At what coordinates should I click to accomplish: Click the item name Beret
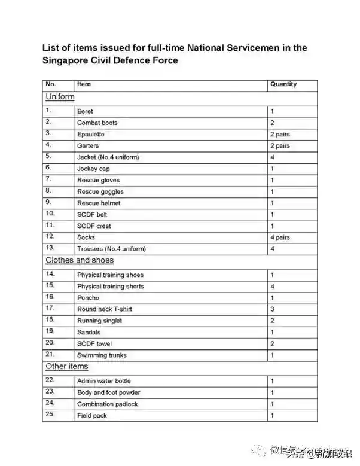tap(85, 111)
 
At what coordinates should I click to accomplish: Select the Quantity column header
tap(283, 84)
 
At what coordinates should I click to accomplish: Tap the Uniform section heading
tap(60, 96)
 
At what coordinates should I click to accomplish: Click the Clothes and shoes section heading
tap(80, 260)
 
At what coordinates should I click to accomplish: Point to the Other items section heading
tap(67, 366)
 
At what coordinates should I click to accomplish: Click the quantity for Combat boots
tap(272, 123)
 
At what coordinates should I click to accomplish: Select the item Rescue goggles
tap(100, 191)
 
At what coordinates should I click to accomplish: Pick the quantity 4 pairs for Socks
tap(280, 237)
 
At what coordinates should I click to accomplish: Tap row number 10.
tap(50, 214)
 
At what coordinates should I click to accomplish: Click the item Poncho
tap(88, 297)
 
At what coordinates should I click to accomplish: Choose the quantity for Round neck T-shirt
tap(272, 309)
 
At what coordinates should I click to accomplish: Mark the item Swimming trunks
tap(102, 355)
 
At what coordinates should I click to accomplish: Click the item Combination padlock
tap(107, 404)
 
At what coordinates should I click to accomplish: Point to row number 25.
tap(50, 415)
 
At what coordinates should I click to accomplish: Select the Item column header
tap(84, 84)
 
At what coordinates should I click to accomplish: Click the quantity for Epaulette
tap(280, 134)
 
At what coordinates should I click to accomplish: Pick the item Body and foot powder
tap(108, 392)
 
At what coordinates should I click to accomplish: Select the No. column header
tap(50, 84)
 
